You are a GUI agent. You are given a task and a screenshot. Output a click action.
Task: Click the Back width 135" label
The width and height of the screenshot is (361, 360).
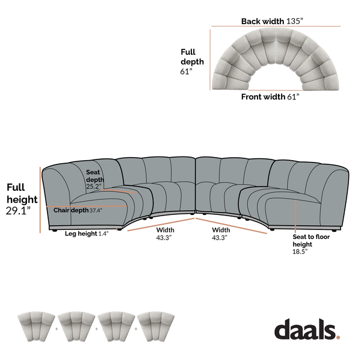273,21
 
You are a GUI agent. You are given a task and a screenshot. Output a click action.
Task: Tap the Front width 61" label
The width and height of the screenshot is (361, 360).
270,96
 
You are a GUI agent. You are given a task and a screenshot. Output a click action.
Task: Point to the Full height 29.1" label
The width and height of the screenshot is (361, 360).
22,199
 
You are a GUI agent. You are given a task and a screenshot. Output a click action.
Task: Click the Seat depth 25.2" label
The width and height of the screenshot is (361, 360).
94,179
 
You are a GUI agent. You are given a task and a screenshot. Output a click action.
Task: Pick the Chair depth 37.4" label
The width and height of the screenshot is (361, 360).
78,211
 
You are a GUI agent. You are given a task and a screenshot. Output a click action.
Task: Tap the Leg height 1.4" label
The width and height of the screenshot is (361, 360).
87,234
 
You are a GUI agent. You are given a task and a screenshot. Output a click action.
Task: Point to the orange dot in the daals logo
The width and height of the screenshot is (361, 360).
338,338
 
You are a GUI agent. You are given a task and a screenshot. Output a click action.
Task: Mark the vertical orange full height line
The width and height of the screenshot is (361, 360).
41,199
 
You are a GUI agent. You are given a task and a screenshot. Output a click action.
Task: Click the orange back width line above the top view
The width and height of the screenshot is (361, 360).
276,26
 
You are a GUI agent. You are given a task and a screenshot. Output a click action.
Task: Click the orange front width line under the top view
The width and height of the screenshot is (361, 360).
270,90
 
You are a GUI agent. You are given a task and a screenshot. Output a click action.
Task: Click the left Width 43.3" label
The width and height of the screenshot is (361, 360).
165,234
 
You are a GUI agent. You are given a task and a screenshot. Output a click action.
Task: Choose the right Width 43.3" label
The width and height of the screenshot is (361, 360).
220,234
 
